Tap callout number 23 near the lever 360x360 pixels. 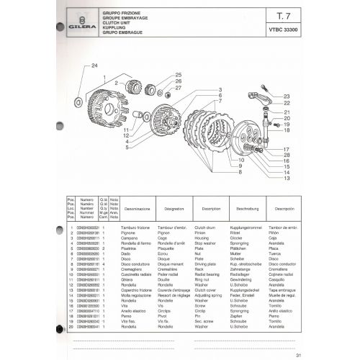pos(287,96)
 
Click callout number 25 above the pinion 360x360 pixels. pos(178,75)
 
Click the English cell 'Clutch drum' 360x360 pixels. pos(215,228)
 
